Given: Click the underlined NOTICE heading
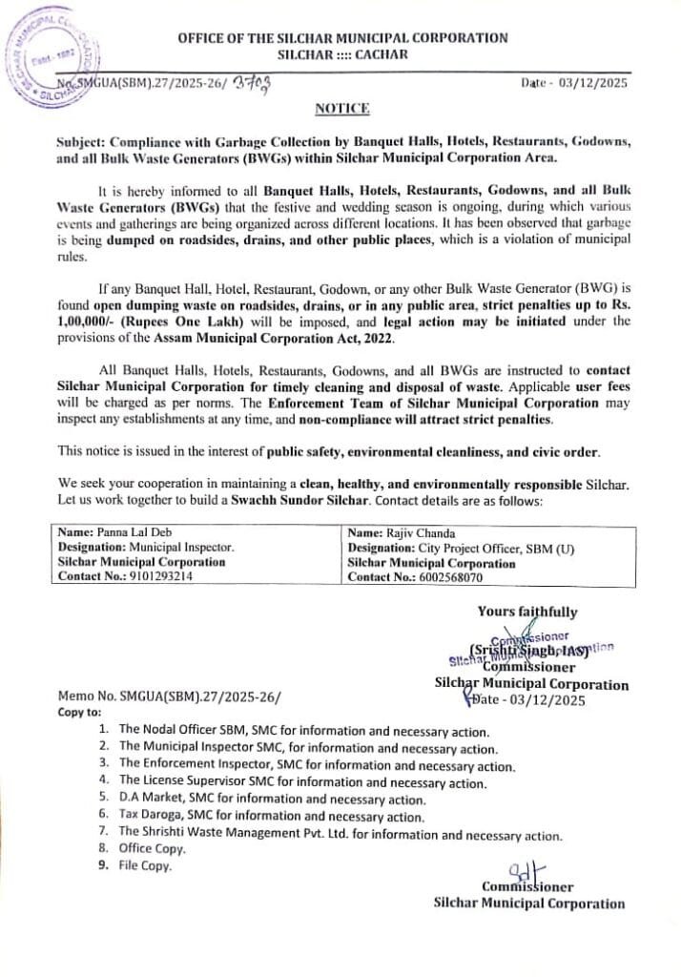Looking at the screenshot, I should tap(341, 110).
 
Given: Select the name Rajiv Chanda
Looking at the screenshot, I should tap(416, 532).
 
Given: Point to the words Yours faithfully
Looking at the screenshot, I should tap(527, 613).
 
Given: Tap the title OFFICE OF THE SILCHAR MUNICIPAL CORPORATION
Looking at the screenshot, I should tap(341, 37).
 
